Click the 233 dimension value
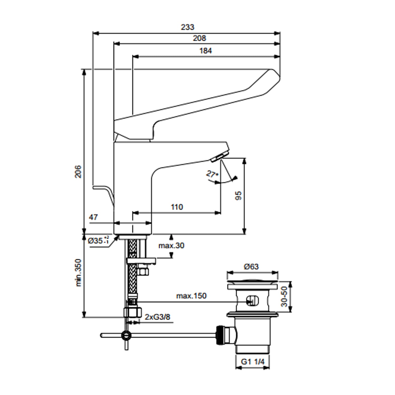click(x=187, y=27)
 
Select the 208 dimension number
click(x=199, y=38)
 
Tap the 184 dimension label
click(x=205, y=51)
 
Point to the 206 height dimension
click(x=78, y=171)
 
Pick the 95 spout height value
click(x=238, y=195)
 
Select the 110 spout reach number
click(x=177, y=207)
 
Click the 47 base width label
click(x=93, y=217)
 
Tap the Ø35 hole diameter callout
click(x=98, y=240)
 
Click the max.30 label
click(x=171, y=246)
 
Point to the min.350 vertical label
click(x=78, y=273)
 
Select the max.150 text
click(x=191, y=296)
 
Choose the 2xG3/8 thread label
click(x=157, y=317)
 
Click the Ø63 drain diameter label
click(x=251, y=267)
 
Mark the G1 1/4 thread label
click(x=252, y=362)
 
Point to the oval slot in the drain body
click(x=252, y=300)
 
